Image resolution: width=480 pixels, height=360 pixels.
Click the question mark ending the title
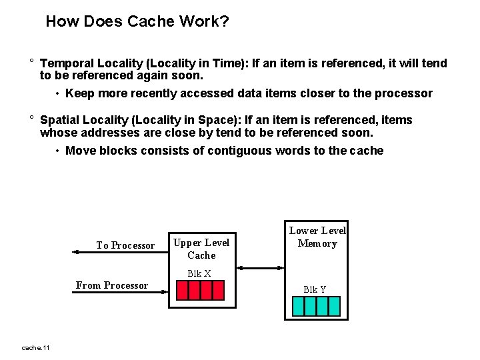225,21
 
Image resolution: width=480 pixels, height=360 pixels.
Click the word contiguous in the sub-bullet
236,151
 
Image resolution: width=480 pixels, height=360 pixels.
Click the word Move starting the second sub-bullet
81,151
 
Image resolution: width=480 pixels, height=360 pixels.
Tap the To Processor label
125,245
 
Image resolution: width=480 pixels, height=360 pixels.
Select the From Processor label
112,285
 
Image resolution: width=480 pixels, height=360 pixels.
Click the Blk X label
199,273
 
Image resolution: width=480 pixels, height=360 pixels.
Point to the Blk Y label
315,289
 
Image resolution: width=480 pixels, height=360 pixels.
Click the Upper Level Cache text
201,249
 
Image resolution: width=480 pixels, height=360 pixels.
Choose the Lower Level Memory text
317,237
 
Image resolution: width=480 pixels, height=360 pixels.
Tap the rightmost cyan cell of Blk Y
334,306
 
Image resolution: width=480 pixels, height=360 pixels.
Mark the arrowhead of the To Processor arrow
73,267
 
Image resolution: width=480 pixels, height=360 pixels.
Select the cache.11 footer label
36,347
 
